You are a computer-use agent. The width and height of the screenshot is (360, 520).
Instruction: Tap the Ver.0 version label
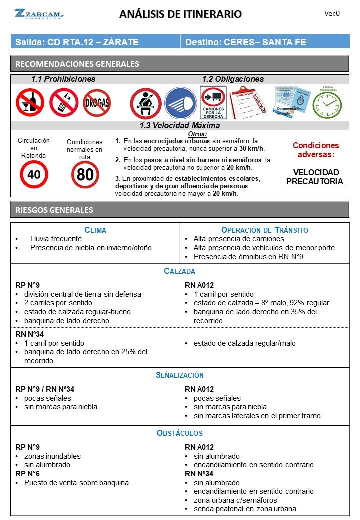[332, 14]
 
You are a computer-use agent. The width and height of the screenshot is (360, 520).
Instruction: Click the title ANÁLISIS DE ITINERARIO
[180, 14]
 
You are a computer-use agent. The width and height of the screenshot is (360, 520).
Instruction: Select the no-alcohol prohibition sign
[30, 102]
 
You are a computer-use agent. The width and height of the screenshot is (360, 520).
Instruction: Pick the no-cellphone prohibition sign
[63, 102]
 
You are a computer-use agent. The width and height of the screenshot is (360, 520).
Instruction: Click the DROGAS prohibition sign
[97, 103]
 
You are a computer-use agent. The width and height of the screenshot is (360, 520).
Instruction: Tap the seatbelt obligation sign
[145, 103]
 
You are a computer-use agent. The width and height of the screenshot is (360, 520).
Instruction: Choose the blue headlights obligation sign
[180, 103]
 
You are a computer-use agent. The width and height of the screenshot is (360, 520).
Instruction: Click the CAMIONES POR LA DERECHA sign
[213, 103]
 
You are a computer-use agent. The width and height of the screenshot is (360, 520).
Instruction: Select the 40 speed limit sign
[34, 174]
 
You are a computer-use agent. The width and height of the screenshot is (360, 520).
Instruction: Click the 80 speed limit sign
[85, 175]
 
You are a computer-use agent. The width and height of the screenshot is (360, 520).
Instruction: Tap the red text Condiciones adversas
[316, 150]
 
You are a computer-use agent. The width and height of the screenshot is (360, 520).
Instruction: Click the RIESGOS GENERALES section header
[54, 210]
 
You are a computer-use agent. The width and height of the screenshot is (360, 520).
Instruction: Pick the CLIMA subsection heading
[95, 230]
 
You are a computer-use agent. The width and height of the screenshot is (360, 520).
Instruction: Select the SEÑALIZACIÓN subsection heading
[180, 375]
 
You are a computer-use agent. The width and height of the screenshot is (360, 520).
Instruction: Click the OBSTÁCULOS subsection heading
[180, 433]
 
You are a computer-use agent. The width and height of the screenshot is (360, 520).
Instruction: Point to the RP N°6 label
[28, 474]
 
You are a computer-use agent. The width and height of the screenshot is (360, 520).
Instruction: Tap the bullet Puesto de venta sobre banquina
[76, 483]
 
